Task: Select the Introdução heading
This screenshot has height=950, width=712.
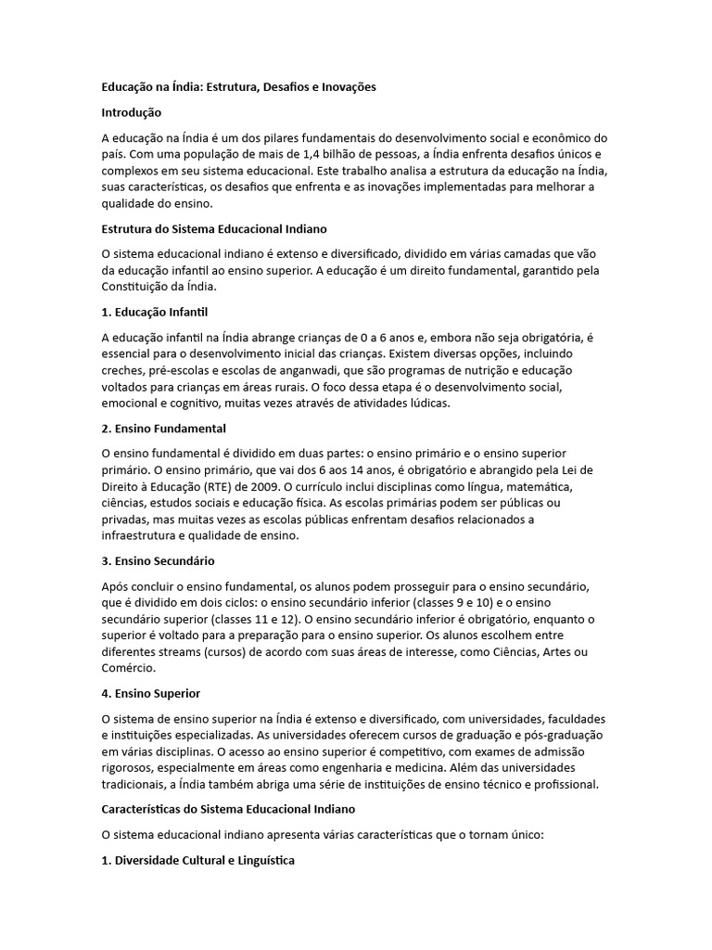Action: pos(132,112)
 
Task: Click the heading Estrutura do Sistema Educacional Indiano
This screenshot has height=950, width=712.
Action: pos(214,228)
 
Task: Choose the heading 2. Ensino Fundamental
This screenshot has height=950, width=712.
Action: pos(164,429)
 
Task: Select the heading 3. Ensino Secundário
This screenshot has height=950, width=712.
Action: pos(159,561)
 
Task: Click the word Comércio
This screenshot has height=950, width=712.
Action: pos(128,668)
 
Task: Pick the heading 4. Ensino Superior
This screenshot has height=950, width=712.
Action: pos(151,694)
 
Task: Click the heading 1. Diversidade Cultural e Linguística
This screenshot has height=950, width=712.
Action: pos(198,861)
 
